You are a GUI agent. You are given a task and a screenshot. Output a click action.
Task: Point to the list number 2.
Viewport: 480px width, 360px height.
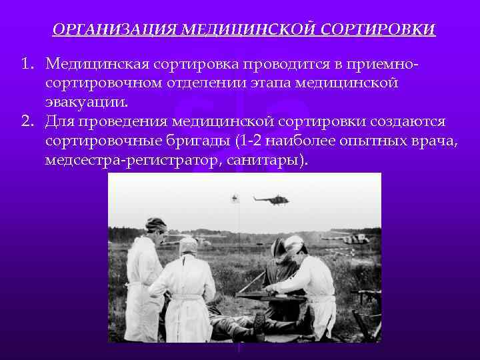27,122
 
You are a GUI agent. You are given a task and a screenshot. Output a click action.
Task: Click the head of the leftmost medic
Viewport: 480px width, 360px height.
157,227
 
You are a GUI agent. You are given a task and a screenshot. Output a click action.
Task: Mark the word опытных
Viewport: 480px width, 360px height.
353,141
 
